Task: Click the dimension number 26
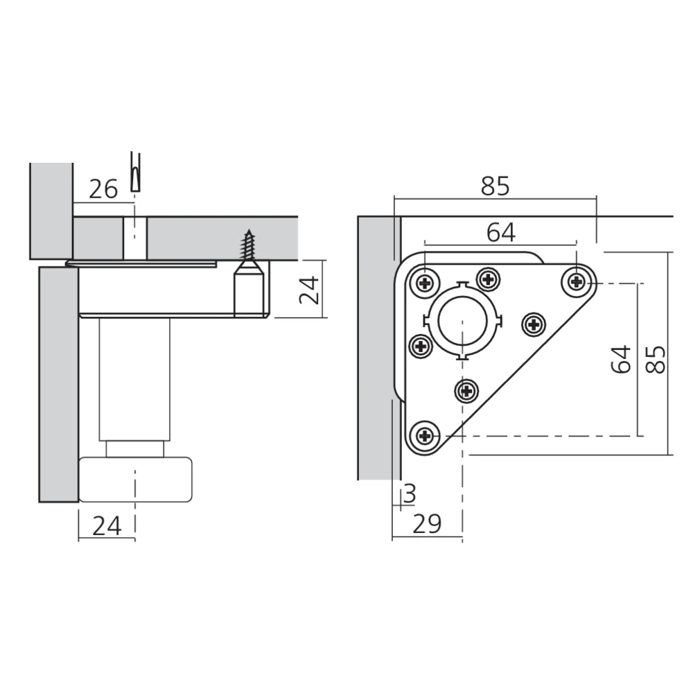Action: [103, 189]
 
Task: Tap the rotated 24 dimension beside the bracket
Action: [309, 290]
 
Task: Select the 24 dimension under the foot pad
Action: [107, 525]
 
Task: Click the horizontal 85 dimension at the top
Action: [495, 186]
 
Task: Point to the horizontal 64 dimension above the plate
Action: [501, 232]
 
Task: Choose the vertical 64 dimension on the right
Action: [621, 359]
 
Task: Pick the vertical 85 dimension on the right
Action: [656, 359]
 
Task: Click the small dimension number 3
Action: [410, 493]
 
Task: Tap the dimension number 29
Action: [427, 524]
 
